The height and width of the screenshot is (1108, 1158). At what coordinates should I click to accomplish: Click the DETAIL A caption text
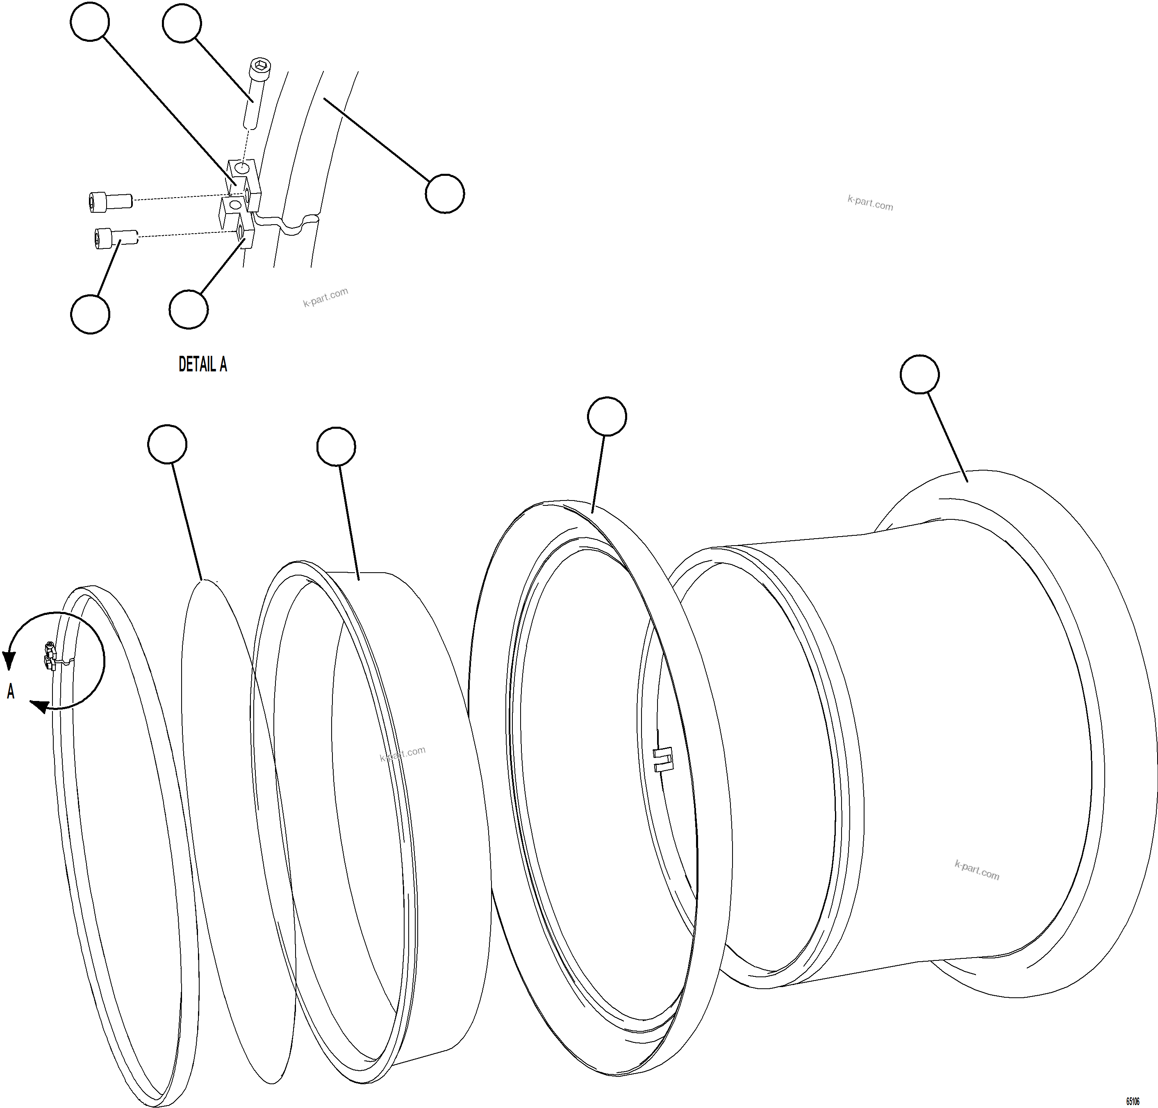[202, 364]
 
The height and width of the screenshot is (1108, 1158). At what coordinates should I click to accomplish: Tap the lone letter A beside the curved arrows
[11, 692]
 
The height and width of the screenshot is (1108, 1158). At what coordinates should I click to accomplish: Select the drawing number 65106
[1133, 1101]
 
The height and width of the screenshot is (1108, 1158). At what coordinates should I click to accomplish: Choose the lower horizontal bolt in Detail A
[116, 238]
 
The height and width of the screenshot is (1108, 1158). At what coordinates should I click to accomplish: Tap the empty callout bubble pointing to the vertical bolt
[182, 23]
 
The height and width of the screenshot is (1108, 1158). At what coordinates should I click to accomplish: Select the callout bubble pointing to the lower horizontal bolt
[90, 314]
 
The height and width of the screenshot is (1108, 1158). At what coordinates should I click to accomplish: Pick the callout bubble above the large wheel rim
[919, 374]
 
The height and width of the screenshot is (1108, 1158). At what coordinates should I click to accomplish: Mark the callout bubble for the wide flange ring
[607, 417]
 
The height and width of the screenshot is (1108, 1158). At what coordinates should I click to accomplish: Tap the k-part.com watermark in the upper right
[870, 202]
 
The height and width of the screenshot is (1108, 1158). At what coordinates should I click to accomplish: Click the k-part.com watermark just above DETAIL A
[325, 297]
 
